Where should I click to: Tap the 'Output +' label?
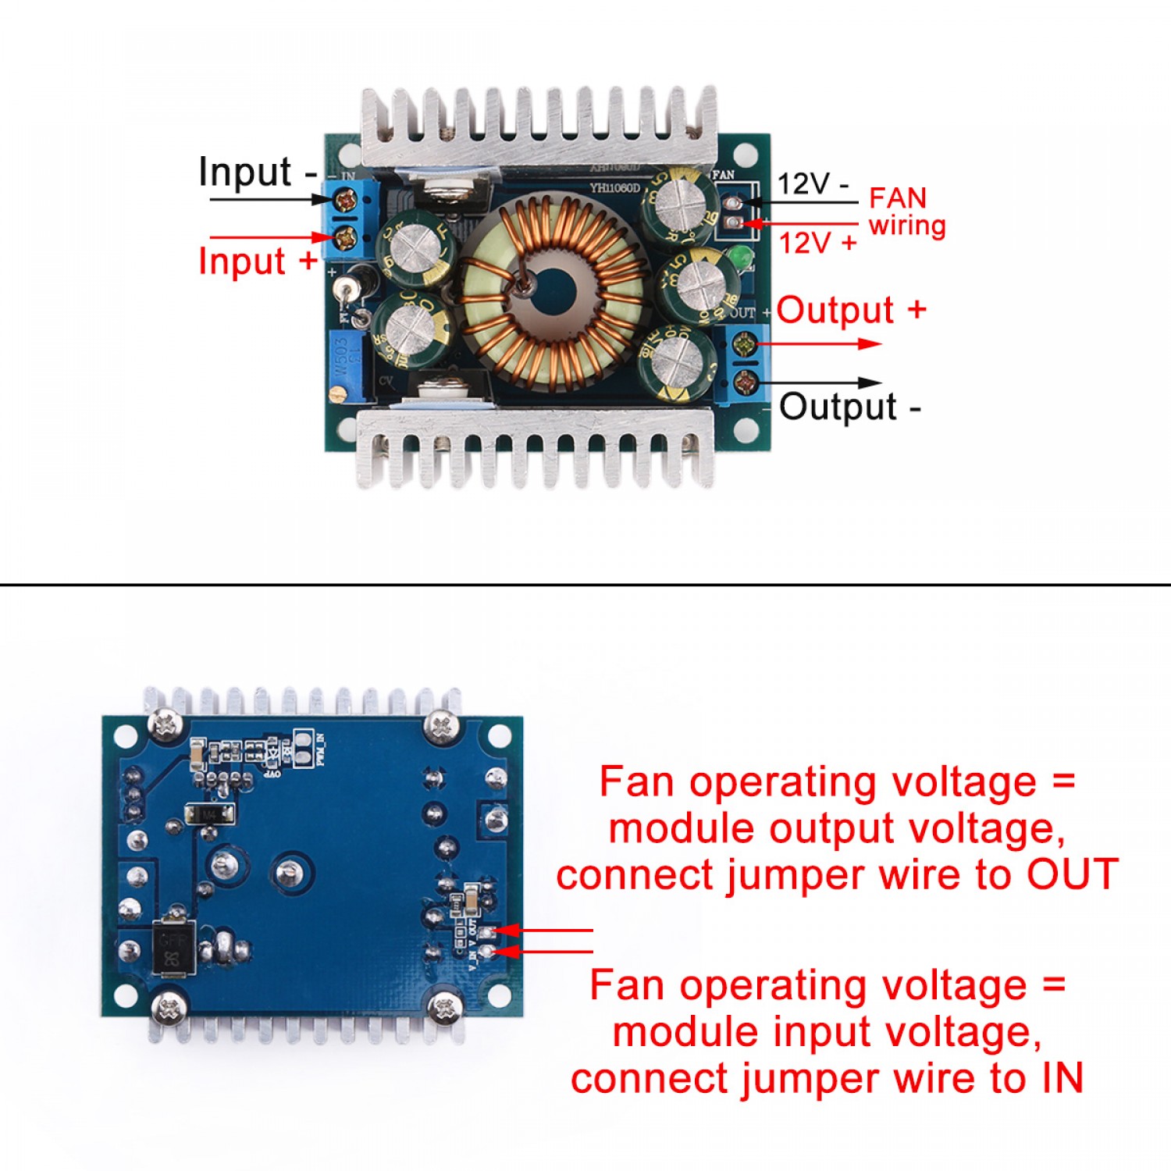point(851,310)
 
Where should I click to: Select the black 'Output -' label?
point(849,407)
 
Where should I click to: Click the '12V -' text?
point(813,184)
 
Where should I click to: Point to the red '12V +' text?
point(817,243)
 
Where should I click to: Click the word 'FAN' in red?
point(898,198)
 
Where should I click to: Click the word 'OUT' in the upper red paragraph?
point(1072,874)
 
